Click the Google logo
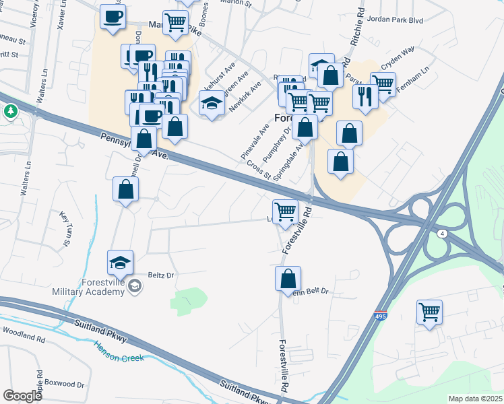(x=23, y=395)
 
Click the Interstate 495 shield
(x=381, y=314)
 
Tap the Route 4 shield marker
(x=442, y=233)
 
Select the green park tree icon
(x=10, y=110)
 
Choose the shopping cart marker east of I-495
(x=429, y=312)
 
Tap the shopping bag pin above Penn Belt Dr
(x=288, y=278)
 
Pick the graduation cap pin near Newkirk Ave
(x=212, y=104)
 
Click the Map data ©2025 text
(x=475, y=399)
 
